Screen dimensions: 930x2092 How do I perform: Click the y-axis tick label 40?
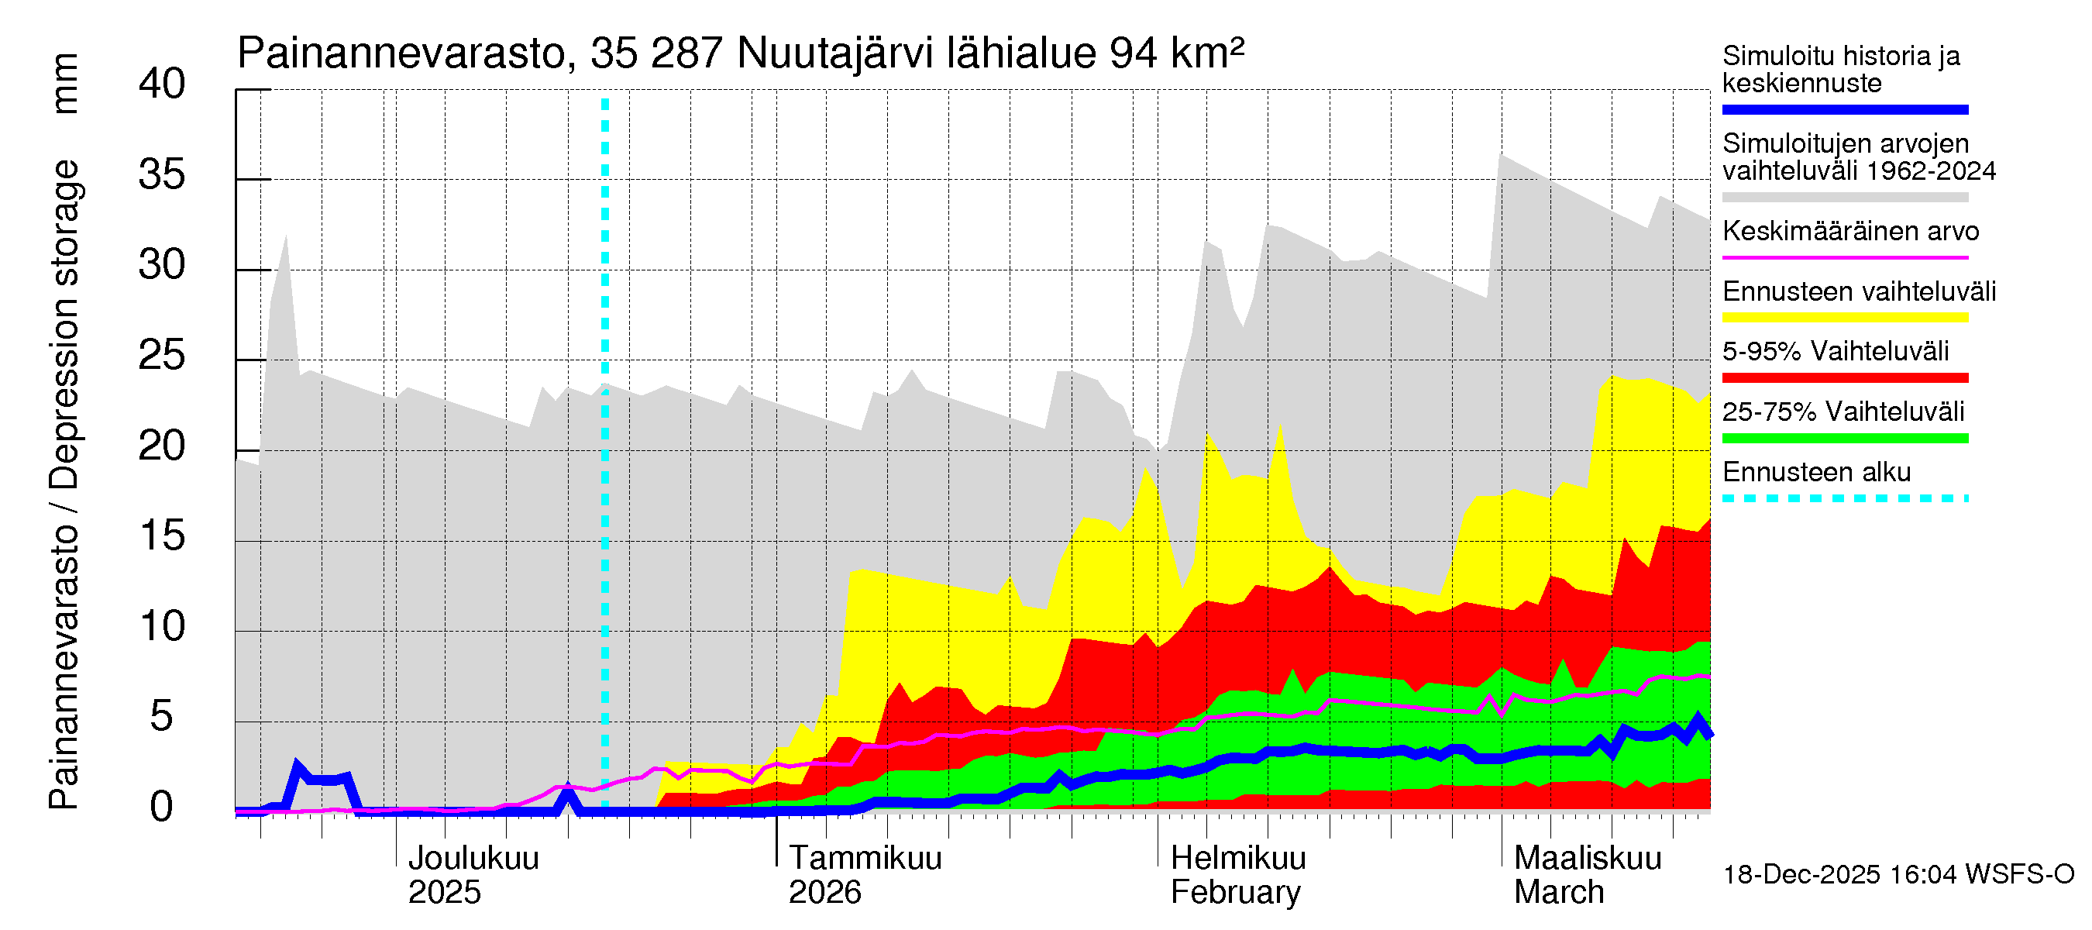click(162, 84)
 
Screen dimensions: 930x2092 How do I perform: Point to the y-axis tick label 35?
click(162, 174)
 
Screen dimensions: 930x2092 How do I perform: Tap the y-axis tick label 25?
click(162, 356)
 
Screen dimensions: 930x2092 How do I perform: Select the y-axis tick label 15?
click(162, 536)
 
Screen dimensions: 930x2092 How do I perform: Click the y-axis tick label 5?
click(162, 717)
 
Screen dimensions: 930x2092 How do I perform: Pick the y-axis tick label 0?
click(162, 808)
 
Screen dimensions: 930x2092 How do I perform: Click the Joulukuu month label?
click(473, 859)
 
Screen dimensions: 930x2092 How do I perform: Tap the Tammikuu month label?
click(865, 859)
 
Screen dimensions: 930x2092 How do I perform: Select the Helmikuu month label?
click(1237, 859)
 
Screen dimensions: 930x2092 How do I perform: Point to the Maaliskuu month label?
click(1588, 859)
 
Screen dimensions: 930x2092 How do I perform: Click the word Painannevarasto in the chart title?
click(402, 53)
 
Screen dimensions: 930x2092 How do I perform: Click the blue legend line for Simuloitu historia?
click(1844, 109)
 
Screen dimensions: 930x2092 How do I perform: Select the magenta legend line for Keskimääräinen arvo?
click(1844, 257)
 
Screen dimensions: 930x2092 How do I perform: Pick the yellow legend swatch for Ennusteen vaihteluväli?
click(1844, 318)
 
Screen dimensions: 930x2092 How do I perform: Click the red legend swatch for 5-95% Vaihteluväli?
click(1844, 377)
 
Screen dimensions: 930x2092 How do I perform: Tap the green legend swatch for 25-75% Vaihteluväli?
click(1844, 438)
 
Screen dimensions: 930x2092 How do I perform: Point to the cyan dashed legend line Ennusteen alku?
click(1844, 498)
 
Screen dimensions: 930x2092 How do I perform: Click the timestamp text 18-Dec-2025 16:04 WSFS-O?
click(1898, 875)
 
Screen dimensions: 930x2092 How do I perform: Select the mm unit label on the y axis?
click(65, 84)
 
